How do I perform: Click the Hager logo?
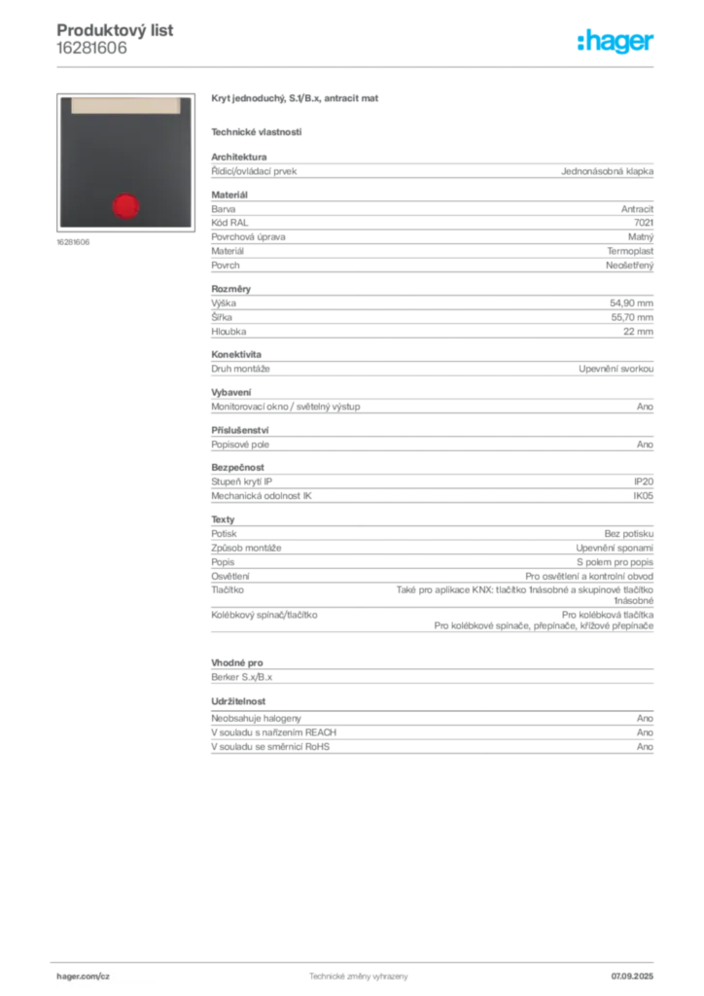(x=615, y=41)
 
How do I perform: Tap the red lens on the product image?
(x=125, y=206)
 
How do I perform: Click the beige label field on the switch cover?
(x=125, y=105)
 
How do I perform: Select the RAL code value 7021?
(x=644, y=223)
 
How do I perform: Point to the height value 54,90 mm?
(x=632, y=303)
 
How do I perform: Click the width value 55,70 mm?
(x=632, y=317)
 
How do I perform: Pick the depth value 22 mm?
(x=638, y=331)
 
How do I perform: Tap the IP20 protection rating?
(x=644, y=481)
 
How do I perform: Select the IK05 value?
(x=643, y=495)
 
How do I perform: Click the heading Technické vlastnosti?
(x=257, y=132)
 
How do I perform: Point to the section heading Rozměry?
(x=231, y=288)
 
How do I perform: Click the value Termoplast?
(x=630, y=251)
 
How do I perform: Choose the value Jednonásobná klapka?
(x=607, y=171)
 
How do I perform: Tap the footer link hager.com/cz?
(x=84, y=977)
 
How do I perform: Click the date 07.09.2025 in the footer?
(x=632, y=977)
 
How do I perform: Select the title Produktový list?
(x=115, y=30)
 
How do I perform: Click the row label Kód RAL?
(x=229, y=223)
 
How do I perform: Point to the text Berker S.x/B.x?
(x=242, y=677)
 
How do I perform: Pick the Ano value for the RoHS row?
(x=645, y=746)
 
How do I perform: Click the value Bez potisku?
(x=628, y=534)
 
